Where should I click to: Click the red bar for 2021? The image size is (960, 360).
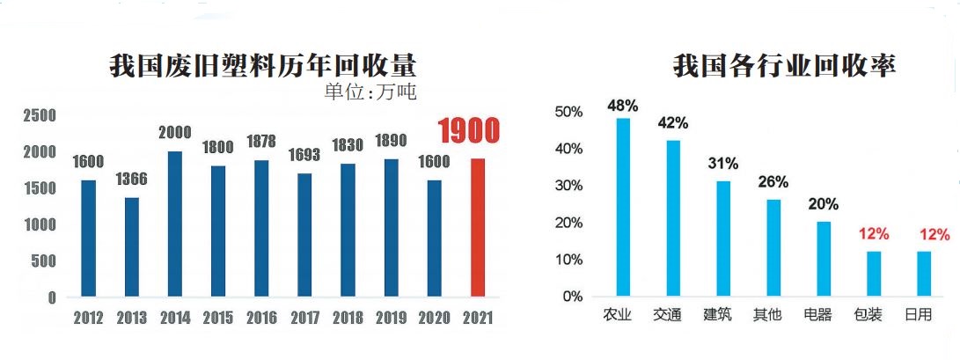click(x=477, y=228)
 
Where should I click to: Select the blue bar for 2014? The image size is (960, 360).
click(x=175, y=224)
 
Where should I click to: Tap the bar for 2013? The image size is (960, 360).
click(x=131, y=247)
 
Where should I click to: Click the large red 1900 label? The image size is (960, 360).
click(x=469, y=132)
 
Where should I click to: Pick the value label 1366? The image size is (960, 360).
click(x=132, y=180)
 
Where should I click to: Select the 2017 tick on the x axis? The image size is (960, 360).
click(x=304, y=319)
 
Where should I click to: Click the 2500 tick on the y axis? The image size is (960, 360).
click(x=40, y=115)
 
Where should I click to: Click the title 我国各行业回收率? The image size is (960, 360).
click(x=784, y=66)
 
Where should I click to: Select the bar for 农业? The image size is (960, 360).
click(x=623, y=207)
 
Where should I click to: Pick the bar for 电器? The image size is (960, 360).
click(x=824, y=259)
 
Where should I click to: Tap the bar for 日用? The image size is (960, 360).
click(x=924, y=274)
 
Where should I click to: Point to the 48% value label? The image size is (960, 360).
click(x=622, y=106)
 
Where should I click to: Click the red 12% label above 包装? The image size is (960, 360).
click(x=874, y=234)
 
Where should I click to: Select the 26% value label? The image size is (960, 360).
click(x=773, y=182)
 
